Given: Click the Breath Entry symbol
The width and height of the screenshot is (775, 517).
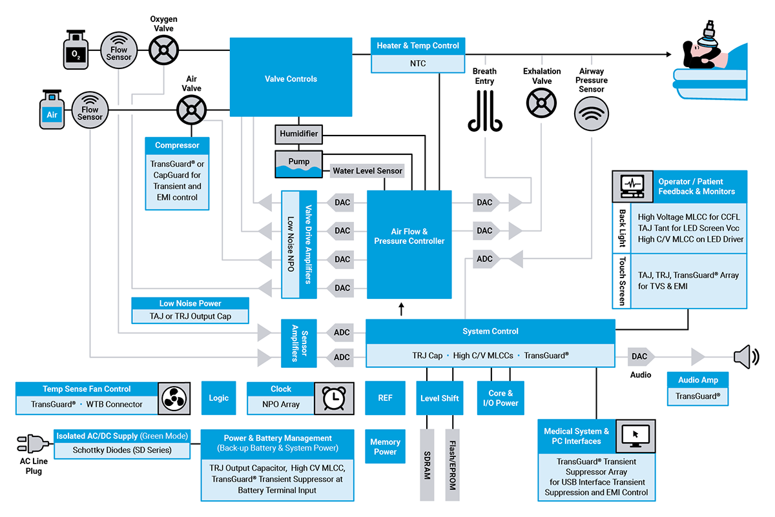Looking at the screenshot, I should tap(484, 110).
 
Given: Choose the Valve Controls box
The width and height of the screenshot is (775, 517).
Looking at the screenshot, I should tap(291, 79).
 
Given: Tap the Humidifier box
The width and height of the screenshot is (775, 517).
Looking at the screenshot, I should tap(298, 134).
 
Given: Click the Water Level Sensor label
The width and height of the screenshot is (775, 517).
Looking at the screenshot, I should tap(367, 171).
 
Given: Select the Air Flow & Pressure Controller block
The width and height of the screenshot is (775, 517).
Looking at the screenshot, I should tap(409, 236).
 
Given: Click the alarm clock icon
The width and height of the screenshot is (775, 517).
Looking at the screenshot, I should tap(333, 398).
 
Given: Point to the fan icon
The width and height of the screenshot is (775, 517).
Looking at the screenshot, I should tap(176, 398).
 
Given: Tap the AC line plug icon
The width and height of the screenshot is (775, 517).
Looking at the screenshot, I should tap(32, 443).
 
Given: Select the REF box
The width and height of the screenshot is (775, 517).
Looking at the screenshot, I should tap(385, 398).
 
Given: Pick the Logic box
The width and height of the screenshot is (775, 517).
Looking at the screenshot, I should tap(218, 398).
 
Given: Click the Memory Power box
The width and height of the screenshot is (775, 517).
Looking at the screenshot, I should tap(385, 447).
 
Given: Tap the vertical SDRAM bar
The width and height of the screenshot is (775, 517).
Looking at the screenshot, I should tap(427, 465).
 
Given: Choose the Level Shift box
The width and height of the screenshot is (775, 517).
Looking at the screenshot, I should tap(439, 398).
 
